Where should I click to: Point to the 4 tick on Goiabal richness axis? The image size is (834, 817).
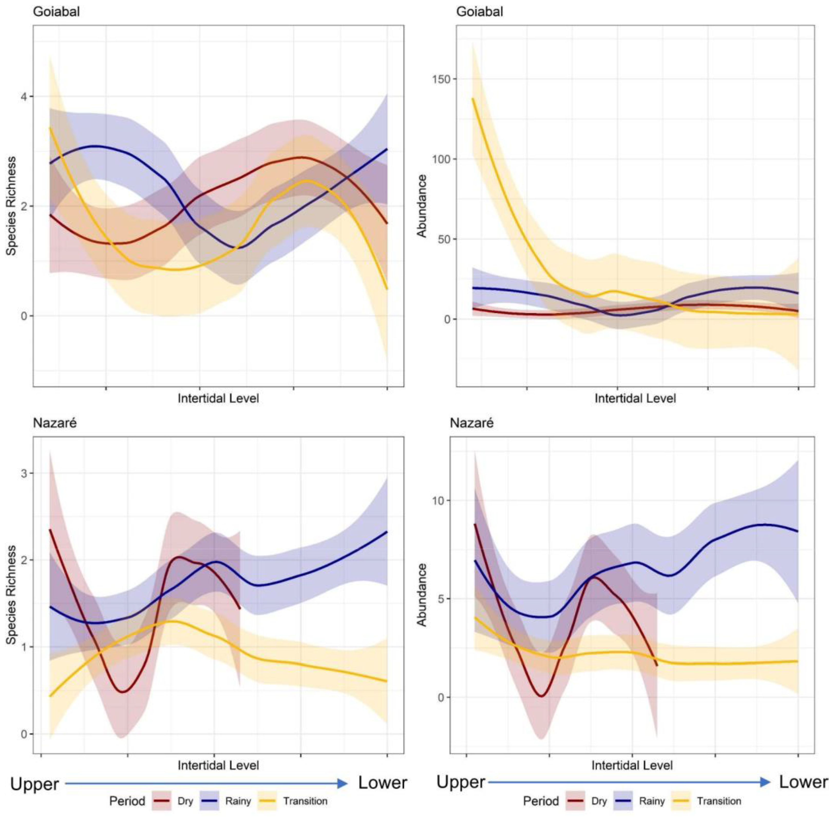click(24, 97)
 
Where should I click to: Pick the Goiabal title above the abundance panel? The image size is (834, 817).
click(479, 12)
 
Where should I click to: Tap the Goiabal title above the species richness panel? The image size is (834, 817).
click(56, 12)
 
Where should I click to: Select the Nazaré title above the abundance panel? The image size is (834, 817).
click(472, 423)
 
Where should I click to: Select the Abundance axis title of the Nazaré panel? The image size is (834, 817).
click(422, 595)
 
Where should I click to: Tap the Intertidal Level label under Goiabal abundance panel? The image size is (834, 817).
click(635, 398)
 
